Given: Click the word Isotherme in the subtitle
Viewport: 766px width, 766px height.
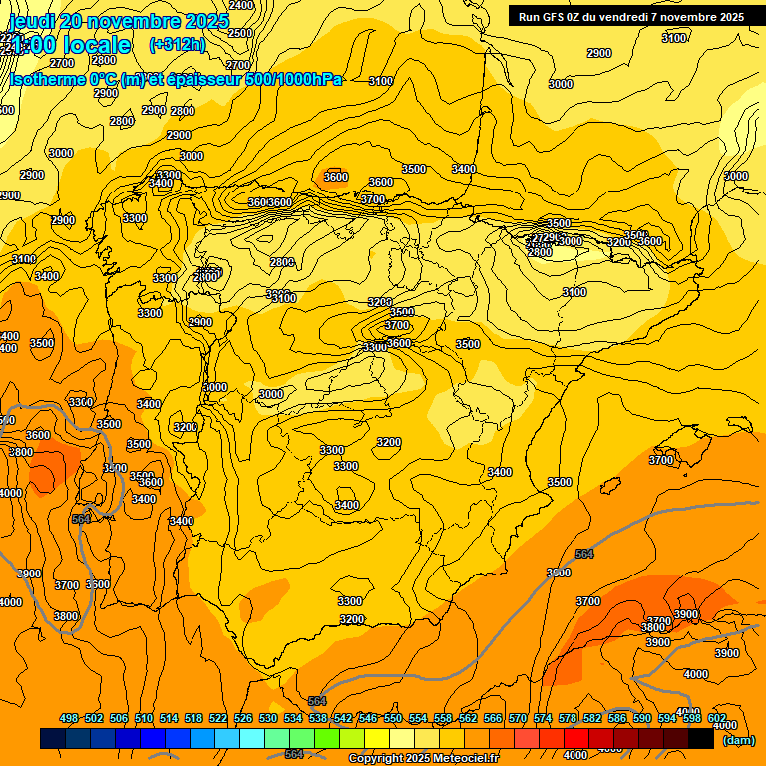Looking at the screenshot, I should point(46,79).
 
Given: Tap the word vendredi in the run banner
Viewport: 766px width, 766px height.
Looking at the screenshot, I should point(648,16).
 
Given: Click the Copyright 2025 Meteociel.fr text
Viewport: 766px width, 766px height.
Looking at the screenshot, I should point(422,759).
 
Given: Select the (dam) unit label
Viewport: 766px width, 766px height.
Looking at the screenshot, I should point(738,740).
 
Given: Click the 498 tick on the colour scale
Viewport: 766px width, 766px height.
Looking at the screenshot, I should point(69,718).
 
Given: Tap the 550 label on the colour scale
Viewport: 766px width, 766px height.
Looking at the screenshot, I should point(393,718).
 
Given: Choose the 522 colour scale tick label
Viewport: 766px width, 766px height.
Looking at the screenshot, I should point(218,718).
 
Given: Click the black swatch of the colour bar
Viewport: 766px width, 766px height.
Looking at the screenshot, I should point(700,738).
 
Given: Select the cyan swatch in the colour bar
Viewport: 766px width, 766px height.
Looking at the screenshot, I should point(252,738).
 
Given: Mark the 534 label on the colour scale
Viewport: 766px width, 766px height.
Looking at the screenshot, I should point(293,718).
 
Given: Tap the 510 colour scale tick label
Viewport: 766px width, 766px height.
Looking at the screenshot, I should point(144,718).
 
